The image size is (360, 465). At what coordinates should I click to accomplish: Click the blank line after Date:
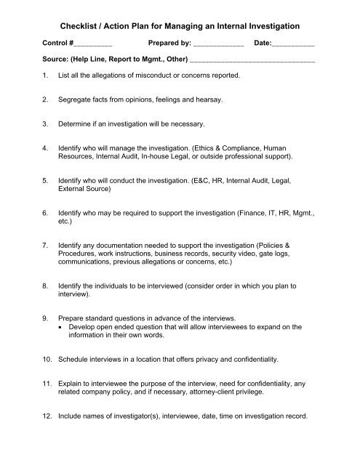[x=293, y=45]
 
